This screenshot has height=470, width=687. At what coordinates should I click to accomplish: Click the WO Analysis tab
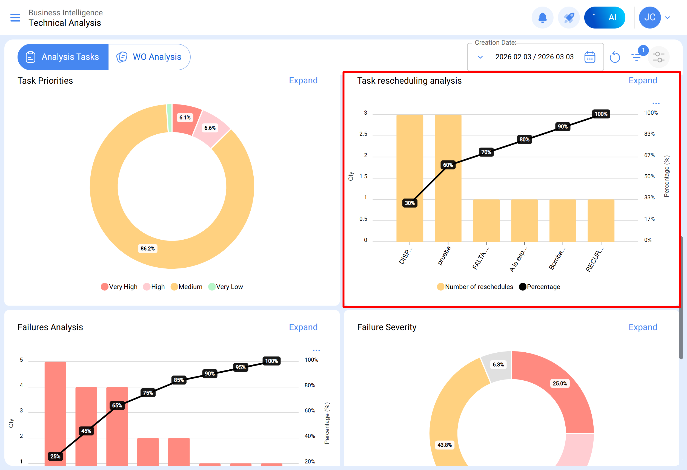149,57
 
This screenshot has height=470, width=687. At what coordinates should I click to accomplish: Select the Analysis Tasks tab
63,57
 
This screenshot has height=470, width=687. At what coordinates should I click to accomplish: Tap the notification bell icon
542,18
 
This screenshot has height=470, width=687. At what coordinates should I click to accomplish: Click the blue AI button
605,18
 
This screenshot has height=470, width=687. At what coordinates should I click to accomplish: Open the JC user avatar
649,18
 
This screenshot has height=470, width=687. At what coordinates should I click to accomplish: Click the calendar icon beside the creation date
589,57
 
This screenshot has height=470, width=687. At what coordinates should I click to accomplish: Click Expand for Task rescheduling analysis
643,81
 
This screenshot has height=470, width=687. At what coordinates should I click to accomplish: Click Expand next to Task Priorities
303,81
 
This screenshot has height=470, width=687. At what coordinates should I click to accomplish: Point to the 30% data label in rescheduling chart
410,203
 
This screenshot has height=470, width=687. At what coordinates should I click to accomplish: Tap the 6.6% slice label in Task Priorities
210,128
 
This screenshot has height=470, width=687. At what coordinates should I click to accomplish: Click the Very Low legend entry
225,287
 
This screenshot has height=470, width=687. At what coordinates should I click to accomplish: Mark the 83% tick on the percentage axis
649,134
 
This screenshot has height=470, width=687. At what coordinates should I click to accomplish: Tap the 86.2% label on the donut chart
148,249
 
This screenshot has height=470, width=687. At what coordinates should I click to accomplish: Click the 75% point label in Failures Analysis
148,393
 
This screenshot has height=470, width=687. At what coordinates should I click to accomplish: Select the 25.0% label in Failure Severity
560,384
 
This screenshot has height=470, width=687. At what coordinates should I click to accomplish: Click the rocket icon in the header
568,18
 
